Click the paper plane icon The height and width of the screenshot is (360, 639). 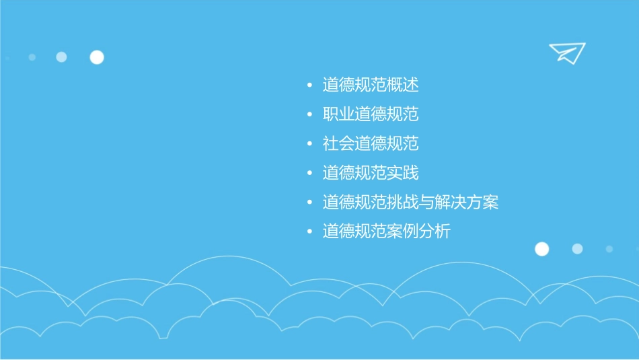tap(566, 52)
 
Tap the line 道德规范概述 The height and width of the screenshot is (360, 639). tap(371, 85)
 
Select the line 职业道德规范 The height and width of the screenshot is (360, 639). tap(371, 114)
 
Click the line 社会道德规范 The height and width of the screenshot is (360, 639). tap(371, 144)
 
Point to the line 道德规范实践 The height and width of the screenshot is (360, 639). tap(371, 173)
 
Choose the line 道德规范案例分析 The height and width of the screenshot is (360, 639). tap(387, 231)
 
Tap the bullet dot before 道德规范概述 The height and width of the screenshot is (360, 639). tap(309, 86)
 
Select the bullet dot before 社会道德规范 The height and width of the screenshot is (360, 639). tap(309, 144)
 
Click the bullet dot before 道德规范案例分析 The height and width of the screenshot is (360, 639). tap(309, 232)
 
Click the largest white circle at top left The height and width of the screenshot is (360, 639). tap(97, 57)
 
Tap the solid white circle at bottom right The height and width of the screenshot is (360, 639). tap(541, 249)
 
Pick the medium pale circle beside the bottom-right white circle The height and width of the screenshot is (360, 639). tap(577, 249)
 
